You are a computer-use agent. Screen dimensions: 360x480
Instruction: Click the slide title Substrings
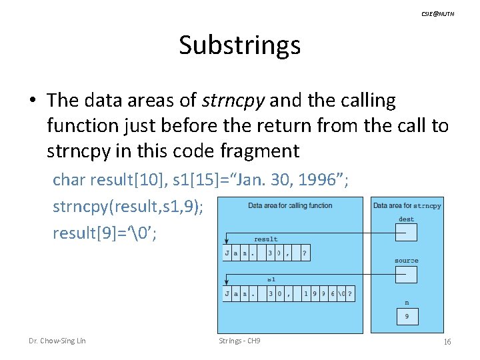pos(239,45)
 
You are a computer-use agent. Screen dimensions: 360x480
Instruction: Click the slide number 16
pos(447,342)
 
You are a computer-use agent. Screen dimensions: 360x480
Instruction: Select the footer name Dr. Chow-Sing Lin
pos(57,341)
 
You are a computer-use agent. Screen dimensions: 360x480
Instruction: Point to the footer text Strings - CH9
pos(239,341)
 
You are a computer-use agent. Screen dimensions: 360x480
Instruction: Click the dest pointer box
pos(406,232)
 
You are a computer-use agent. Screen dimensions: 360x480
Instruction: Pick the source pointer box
pos(406,274)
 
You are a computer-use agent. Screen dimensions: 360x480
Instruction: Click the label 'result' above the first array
pos(265,239)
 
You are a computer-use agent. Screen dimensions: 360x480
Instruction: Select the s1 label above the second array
pos(271,279)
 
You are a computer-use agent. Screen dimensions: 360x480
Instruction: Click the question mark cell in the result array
pos(305,253)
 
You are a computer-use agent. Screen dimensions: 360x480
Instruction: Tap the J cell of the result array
pos(227,253)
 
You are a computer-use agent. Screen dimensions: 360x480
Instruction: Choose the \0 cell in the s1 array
pos(341,293)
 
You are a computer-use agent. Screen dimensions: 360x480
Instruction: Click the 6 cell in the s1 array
pos(331,293)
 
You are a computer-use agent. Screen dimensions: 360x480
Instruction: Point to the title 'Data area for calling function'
pos(290,205)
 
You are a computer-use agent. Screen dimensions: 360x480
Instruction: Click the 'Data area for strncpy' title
pos(407,205)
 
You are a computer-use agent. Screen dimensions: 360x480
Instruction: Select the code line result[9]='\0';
pos(105,233)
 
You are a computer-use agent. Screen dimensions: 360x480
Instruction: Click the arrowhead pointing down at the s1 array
pos(227,283)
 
